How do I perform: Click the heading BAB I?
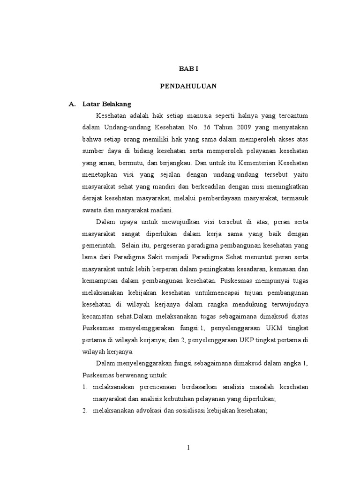[188, 68]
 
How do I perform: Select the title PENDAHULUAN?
[188, 86]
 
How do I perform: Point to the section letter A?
[72, 104]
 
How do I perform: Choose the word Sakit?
[165, 257]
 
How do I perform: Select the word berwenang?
[134, 376]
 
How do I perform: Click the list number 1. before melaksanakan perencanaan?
[85, 388]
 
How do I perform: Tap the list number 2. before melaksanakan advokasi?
[85, 411]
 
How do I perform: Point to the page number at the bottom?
[188, 448]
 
